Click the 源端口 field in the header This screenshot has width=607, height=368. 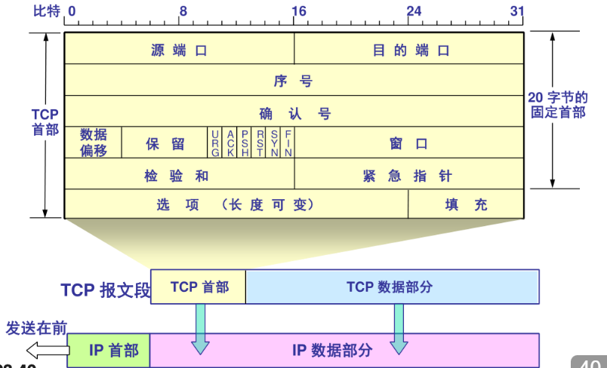(179, 51)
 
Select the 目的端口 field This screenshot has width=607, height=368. (410, 51)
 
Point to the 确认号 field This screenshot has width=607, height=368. (294, 113)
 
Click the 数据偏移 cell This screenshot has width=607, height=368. (94, 143)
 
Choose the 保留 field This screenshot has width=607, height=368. (165, 143)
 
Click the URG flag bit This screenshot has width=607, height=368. (215, 143)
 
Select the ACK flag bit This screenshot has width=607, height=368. (230, 143)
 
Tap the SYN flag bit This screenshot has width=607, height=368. (274, 143)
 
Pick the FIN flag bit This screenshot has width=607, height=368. (288, 143)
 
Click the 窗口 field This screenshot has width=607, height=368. (408, 143)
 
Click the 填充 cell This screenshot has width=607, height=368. (466, 204)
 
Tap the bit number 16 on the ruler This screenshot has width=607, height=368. (298, 11)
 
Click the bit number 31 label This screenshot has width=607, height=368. (516, 11)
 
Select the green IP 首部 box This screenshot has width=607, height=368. (109, 351)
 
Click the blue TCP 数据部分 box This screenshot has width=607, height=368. (392, 287)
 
